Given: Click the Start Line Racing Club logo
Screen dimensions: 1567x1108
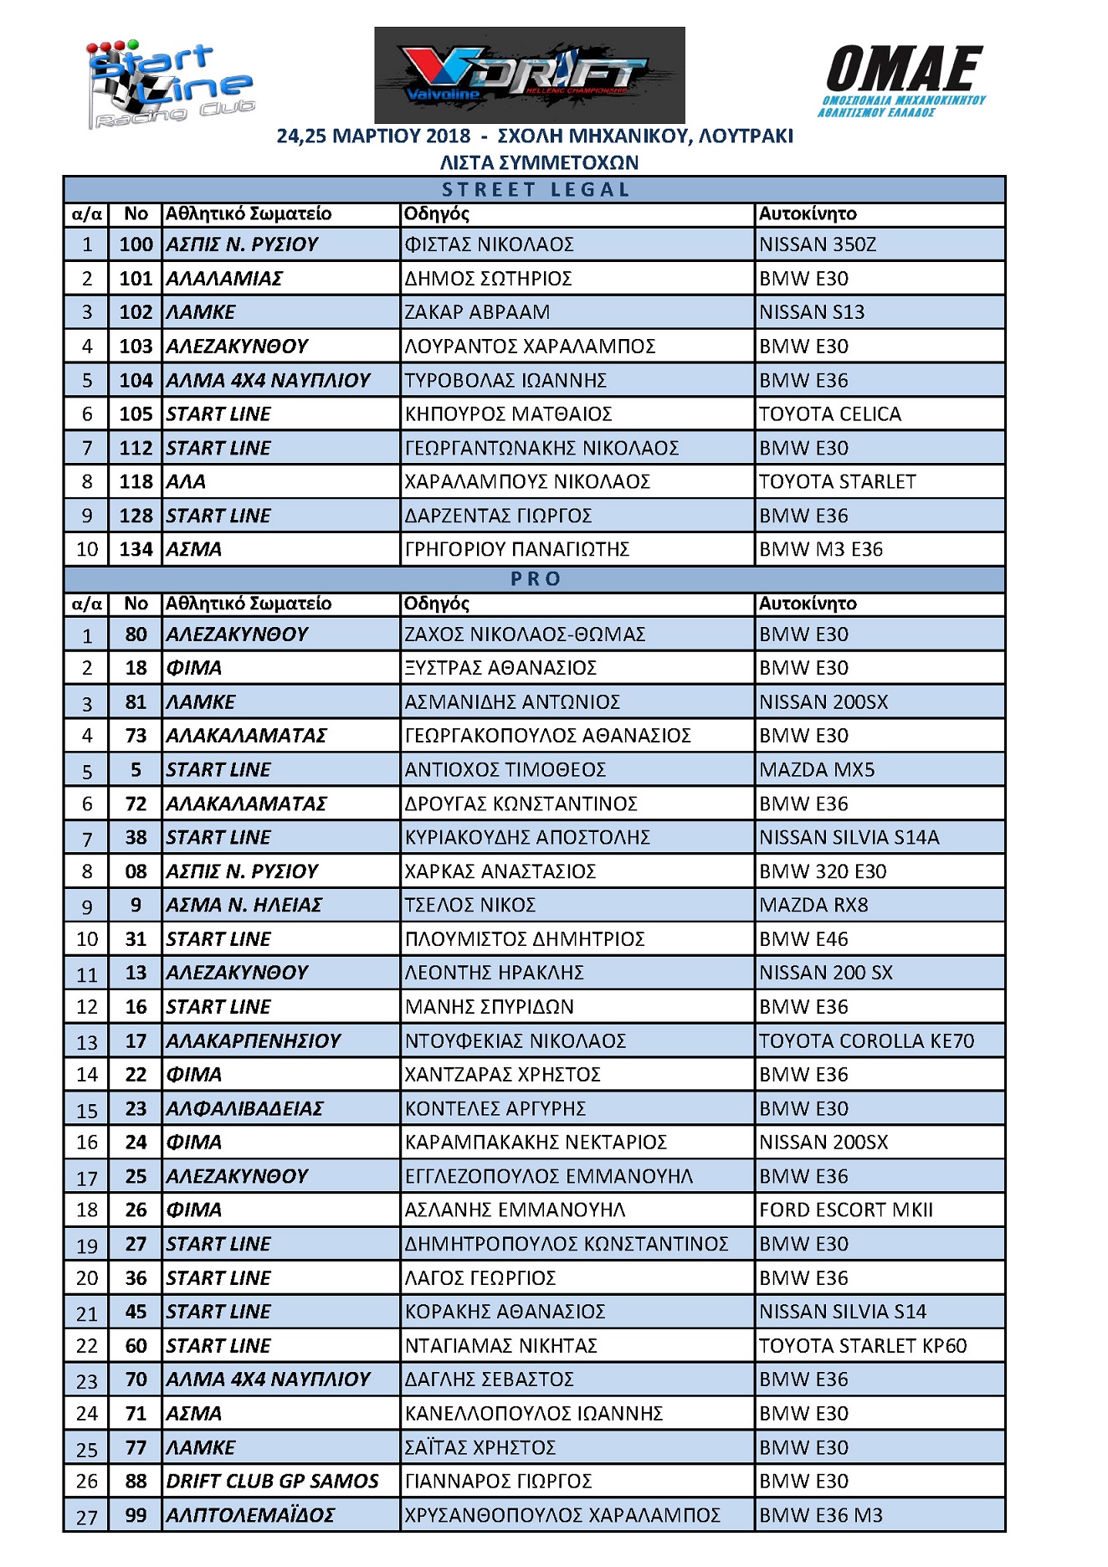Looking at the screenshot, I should [170, 85].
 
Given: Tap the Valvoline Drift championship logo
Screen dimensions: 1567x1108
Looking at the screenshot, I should [529, 75].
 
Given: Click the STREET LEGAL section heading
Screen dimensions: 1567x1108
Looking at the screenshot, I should [535, 190].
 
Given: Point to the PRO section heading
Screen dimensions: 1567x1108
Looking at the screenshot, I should [535, 579].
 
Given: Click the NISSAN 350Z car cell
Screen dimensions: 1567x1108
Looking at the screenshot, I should [818, 244].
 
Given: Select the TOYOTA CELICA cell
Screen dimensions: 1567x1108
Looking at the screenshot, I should [829, 414].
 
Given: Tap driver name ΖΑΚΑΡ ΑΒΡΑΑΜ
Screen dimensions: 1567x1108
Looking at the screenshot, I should [477, 312].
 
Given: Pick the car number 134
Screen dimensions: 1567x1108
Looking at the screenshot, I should [136, 550].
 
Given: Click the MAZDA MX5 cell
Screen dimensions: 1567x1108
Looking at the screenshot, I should [817, 770].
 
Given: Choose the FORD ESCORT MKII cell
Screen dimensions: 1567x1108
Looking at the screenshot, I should [845, 1210].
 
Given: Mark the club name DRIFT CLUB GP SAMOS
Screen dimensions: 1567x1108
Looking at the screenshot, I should [272, 1482].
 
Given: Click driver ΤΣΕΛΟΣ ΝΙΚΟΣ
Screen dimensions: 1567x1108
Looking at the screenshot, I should [469, 906].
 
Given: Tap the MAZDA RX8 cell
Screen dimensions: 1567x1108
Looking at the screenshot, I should [813, 906].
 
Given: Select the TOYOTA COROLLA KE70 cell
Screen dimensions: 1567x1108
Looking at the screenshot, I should [866, 1041].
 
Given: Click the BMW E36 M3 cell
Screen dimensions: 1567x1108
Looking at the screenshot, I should [820, 1516].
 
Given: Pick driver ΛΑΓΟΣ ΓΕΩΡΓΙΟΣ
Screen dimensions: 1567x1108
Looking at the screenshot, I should [480, 1278].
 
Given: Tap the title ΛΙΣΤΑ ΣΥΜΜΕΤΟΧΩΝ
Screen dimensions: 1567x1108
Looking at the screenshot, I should [539, 162].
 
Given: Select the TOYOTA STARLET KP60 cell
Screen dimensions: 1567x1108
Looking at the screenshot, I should [862, 1346].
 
